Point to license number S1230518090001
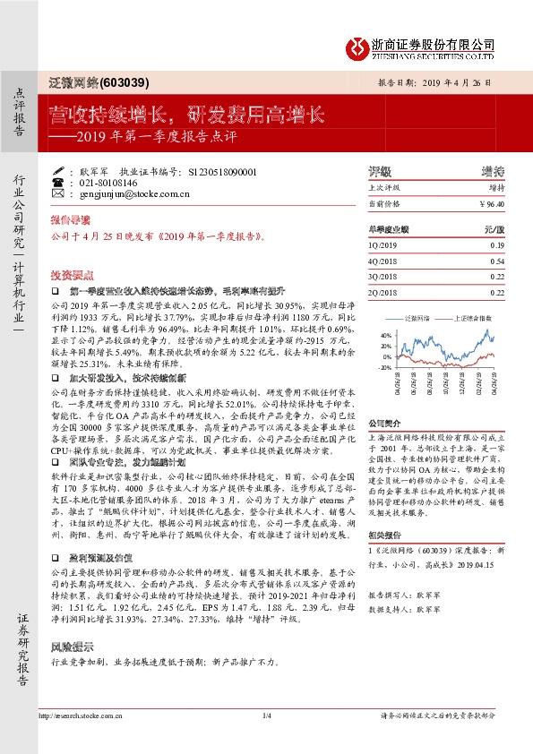tap(219, 170)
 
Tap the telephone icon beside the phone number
tap(58, 182)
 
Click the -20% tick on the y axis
tap(384, 367)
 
